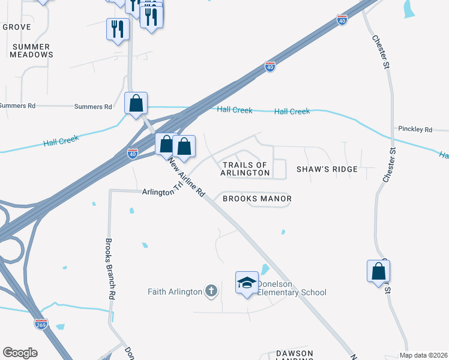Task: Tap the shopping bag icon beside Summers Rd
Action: (x=136, y=103)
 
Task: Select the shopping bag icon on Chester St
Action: (x=379, y=271)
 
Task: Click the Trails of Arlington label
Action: (x=245, y=169)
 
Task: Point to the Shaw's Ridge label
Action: (x=327, y=169)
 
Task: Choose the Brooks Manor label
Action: (x=257, y=199)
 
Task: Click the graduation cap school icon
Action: (x=246, y=283)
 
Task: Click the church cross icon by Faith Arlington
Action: (x=211, y=292)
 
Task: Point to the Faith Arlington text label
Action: (x=175, y=292)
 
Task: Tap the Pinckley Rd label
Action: (x=415, y=129)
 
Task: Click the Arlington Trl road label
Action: (x=162, y=192)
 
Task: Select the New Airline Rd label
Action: (x=187, y=179)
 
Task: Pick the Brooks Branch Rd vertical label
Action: (x=110, y=269)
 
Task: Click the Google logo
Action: (x=20, y=353)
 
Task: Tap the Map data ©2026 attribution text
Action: (x=423, y=355)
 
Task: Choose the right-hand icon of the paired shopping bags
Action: (x=184, y=146)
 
